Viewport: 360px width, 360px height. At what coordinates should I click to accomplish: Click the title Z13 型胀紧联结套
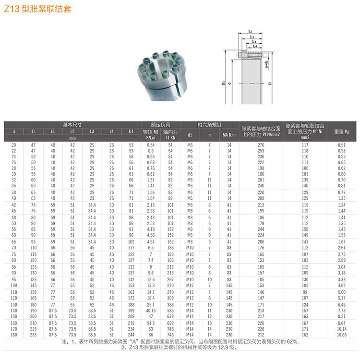point(37,9)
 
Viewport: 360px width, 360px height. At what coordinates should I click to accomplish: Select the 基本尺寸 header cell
point(72,125)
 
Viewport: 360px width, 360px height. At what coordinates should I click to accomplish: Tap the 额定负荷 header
point(160,125)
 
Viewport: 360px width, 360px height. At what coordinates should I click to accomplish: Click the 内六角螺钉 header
point(209,125)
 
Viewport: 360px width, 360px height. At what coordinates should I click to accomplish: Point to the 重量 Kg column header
point(342,132)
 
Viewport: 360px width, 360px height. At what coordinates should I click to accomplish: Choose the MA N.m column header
point(229,135)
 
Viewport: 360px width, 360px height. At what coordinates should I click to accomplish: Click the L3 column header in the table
point(92,132)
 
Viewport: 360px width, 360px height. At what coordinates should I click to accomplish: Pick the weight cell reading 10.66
point(342,335)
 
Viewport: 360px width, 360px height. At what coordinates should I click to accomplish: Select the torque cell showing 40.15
point(151,311)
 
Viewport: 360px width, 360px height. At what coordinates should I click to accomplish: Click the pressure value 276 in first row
point(261,145)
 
